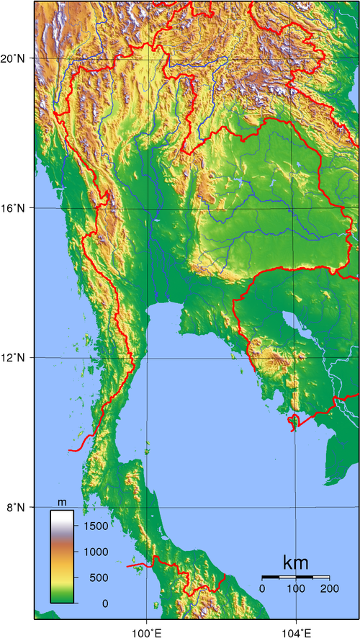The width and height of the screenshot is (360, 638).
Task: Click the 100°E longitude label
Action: tap(147, 630)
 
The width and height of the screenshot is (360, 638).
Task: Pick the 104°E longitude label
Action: tap(296, 630)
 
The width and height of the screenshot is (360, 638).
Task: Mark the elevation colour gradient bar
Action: tap(62, 556)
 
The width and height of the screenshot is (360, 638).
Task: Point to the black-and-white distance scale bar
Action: tap(295, 578)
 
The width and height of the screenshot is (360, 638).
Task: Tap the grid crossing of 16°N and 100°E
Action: tap(147, 208)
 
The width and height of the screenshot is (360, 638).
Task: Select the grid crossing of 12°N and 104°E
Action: tap(296, 358)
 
